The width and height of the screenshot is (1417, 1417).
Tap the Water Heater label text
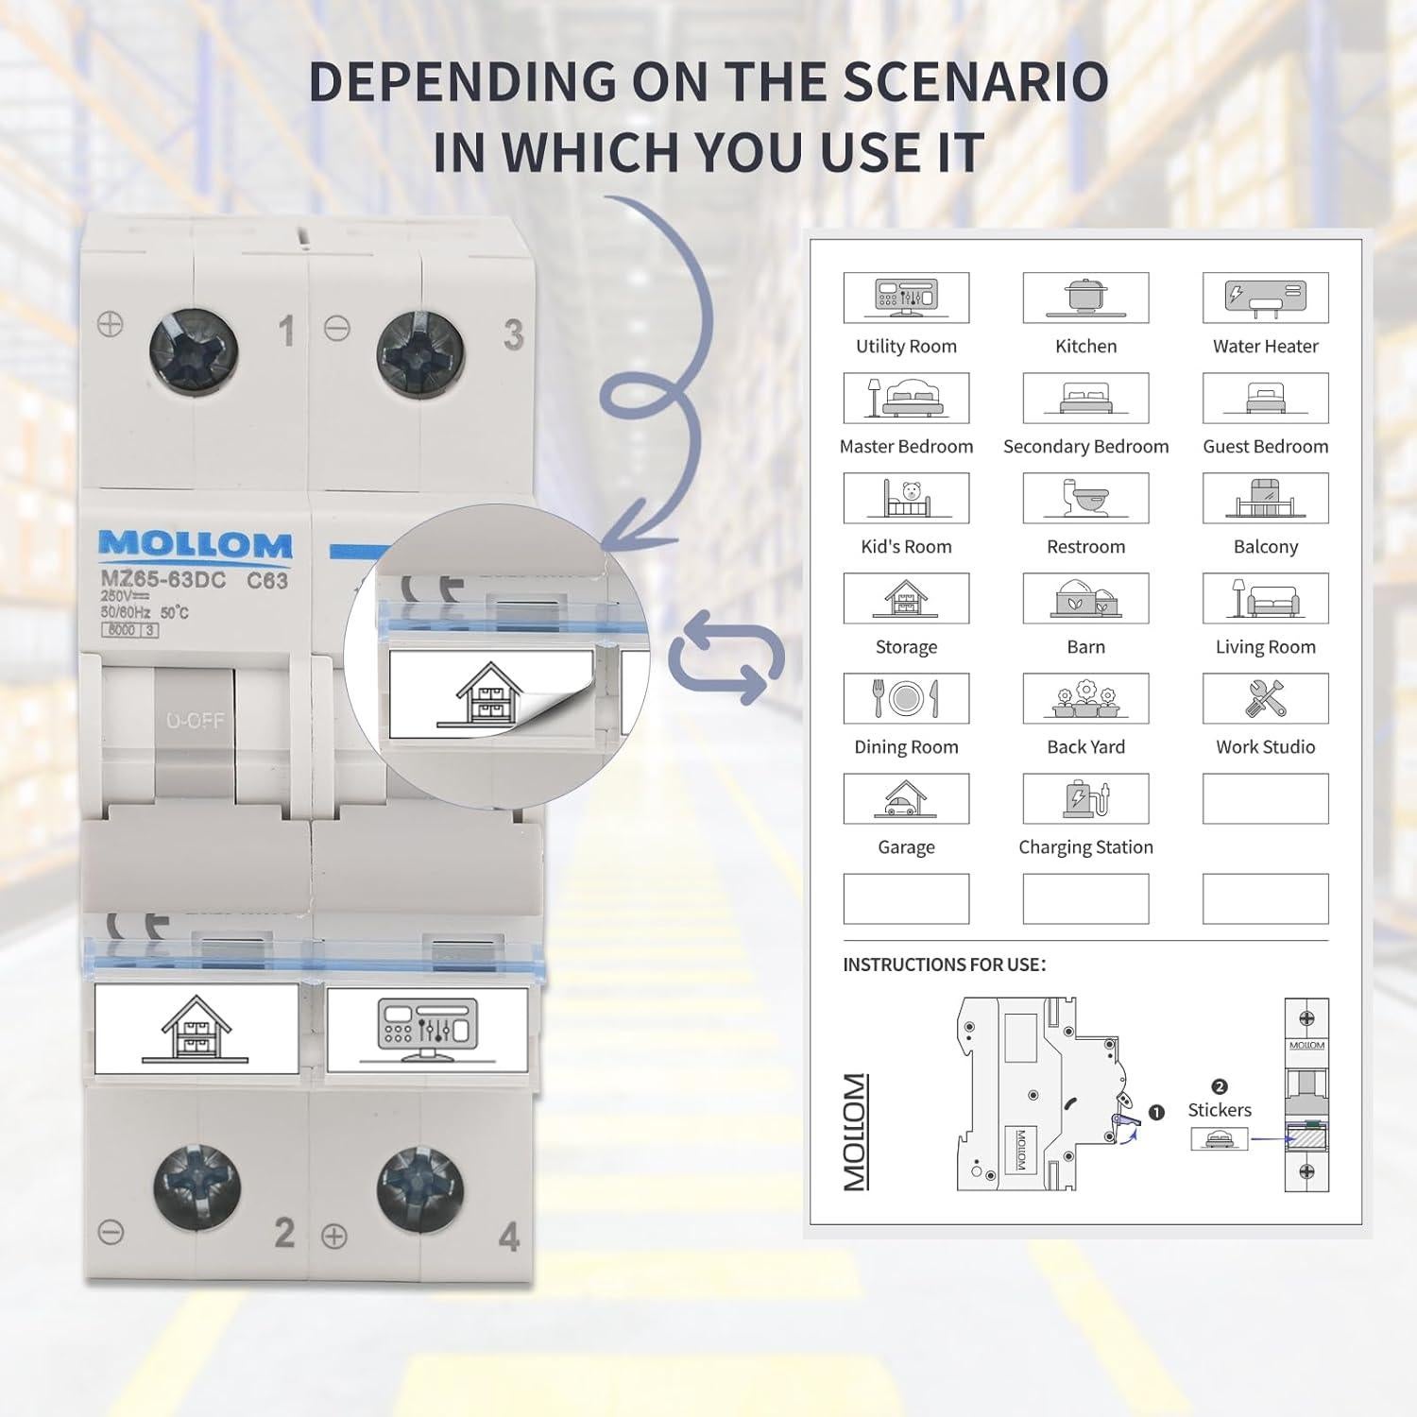(x=1265, y=347)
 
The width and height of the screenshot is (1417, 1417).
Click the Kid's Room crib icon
(x=906, y=498)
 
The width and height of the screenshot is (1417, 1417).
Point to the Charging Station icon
(x=1085, y=798)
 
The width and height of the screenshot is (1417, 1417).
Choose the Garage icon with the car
(x=906, y=798)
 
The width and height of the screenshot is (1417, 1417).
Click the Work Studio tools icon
(x=1265, y=698)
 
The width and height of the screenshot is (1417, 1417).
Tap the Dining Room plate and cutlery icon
(x=906, y=698)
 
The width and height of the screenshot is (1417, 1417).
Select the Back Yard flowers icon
(x=1085, y=698)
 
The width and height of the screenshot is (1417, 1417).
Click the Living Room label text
(x=1265, y=647)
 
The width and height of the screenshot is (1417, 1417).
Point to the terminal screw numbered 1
(x=194, y=351)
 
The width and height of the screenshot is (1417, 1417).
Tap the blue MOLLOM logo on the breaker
(x=196, y=545)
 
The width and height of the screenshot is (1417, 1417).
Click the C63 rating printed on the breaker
(x=267, y=581)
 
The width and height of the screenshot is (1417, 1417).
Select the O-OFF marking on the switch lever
(x=196, y=721)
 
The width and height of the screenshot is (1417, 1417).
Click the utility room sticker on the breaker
(x=427, y=1030)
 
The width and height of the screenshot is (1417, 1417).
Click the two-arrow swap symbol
(x=726, y=657)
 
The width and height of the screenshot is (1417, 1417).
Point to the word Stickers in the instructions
(x=1219, y=1110)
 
